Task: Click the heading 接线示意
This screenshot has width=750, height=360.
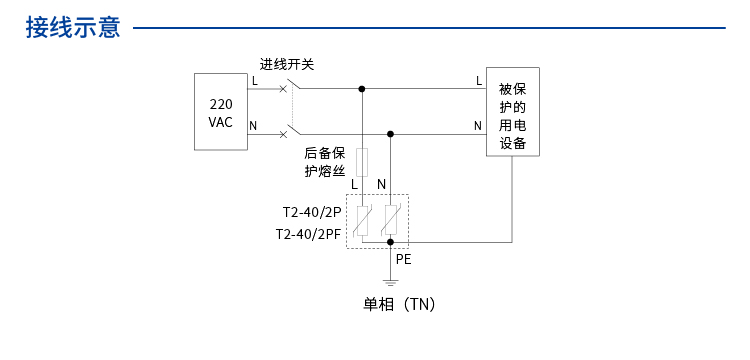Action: pos(73,27)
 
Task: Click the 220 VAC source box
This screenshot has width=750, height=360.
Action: pos(221,112)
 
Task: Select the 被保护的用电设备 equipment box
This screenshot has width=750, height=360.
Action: pos(513,112)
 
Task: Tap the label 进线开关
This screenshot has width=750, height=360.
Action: pos(287,64)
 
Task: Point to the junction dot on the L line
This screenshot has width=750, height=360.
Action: pos(362,88)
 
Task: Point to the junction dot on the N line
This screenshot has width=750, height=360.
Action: pos(390,133)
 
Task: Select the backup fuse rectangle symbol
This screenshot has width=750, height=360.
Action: pos(362,160)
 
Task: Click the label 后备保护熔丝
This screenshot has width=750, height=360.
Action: pos(325,162)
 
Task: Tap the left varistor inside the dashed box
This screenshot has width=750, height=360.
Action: pos(362,219)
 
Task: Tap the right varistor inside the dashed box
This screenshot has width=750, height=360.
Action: pos(390,219)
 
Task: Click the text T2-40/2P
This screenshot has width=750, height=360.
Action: pos(311,212)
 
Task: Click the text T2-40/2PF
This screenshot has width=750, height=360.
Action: pos(308,234)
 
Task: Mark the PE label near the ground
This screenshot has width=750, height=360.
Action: pos(403,259)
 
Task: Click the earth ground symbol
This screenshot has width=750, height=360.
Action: pos(390,281)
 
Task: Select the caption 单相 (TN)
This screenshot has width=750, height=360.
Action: pos(399,304)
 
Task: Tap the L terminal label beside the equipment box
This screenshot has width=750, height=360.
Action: pos(479,80)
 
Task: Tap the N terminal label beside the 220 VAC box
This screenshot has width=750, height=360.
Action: pos(253,125)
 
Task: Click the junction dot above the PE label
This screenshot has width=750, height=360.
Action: pos(390,242)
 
